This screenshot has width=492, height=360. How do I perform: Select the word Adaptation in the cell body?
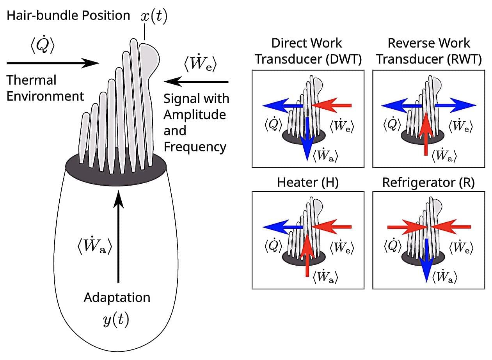(x=117, y=298)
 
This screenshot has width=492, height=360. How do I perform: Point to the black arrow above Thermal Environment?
(x=53, y=62)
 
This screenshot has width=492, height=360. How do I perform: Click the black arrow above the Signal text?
(x=196, y=82)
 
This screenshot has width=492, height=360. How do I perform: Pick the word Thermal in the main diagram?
(x=31, y=80)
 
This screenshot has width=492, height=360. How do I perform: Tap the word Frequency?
(x=195, y=147)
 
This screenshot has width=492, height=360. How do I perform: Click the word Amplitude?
(x=195, y=115)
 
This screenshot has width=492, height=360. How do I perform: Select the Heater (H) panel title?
(x=307, y=183)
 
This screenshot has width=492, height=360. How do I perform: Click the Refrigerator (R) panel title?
(x=428, y=183)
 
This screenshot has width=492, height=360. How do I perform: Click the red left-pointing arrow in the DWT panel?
(x=332, y=105)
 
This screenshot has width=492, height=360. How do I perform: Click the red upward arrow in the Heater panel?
(x=307, y=255)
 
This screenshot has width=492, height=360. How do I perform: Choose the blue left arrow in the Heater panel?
(x=282, y=227)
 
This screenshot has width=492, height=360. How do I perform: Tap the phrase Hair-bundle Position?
(x=68, y=16)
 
